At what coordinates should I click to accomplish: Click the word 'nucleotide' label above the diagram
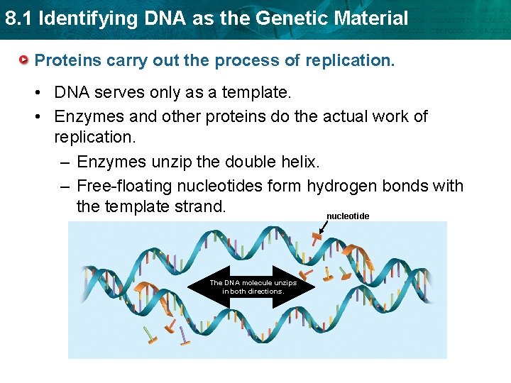348,216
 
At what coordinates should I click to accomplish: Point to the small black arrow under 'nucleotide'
324,228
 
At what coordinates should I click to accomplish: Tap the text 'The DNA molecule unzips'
253,282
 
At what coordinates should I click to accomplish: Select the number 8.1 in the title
18,18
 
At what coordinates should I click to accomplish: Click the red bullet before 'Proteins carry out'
25,60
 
